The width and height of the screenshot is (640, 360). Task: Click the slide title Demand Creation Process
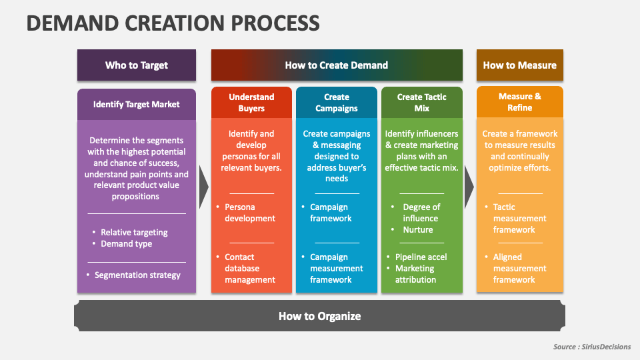pyautogui.click(x=173, y=23)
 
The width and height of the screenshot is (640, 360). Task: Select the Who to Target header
pyautogui.click(x=137, y=65)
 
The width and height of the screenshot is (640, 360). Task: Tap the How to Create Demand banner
pyautogui.click(x=336, y=65)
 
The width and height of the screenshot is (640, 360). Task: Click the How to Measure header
pyautogui.click(x=519, y=65)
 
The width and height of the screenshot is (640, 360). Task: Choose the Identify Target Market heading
pyautogui.click(x=137, y=105)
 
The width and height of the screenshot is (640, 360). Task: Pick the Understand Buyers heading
pyautogui.click(x=251, y=103)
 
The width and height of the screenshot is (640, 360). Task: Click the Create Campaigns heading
pyautogui.click(x=337, y=103)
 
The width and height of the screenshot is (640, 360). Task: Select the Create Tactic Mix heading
pyautogui.click(x=421, y=103)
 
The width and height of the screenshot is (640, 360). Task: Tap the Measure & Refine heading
pyautogui.click(x=519, y=102)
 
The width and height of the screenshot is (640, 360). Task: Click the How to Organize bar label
pyautogui.click(x=319, y=316)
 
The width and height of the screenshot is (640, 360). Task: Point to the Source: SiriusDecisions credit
pyautogui.click(x=592, y=347)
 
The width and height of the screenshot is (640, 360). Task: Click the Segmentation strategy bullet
pyautogui.click(x=137, y=275)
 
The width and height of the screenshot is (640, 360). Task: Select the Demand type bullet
pyautogui.click(x=126, y=244)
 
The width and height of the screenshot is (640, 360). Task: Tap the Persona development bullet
pyautogui.click(x=250, y=213)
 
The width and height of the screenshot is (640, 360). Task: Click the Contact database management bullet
pyautogui.click(x=250, y=268)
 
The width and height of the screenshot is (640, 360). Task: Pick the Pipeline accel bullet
pyautogui.click(x=421, y=257)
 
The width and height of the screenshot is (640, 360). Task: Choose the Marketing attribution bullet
pyautogui.click(x=415, y=274)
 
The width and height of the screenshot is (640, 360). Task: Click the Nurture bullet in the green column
pyautogui.click(x=417, y=230)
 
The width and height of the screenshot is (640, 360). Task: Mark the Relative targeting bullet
pyautogui.click(x=134, y=233)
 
